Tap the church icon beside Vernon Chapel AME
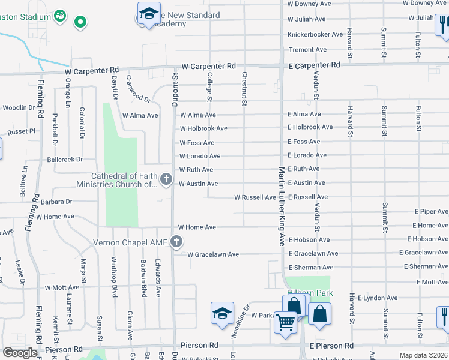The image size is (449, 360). (x=176, y=242)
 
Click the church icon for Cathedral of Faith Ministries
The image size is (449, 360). (x=166, y=179)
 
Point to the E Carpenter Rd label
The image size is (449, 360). (x=314, y=65)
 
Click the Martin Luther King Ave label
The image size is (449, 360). (x=280, y=206)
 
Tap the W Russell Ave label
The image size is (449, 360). (x=255, y=197)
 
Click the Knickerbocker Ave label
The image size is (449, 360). (x=315, y=35)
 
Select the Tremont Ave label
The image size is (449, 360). (x=307, y=50)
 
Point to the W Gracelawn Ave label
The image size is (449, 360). (x=213, y=255)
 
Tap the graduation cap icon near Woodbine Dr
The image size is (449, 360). (x=222, y=314)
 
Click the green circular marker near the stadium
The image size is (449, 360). (x=80, y=23)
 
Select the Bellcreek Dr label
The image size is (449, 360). (x=65, y=160)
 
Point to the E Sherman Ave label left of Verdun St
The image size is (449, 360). (x=310, y=268)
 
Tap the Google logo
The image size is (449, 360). (x=20, y=353)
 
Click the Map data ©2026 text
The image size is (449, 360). (x=424, y=355)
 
